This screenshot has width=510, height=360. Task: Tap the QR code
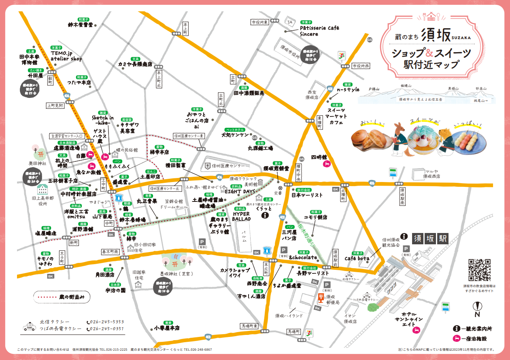tap(479, 270)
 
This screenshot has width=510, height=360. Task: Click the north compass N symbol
tap(477, 313)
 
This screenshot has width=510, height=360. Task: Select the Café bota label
tap(357, 258)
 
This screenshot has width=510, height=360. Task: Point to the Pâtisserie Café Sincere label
tap(314, 31)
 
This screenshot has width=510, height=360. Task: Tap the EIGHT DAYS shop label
tap(240, 191)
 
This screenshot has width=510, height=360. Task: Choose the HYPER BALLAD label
tap(242, 216)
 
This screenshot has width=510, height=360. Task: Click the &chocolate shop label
tap(303, 257)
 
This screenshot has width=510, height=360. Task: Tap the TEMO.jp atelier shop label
tap(66, 56)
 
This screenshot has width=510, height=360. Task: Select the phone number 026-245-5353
tap(107, 322)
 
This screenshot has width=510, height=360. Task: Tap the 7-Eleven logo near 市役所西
tap(342, 55)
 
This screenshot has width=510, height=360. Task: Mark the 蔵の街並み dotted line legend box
tap(62, 296)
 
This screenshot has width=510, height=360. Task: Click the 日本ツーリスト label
tap(307, 195)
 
